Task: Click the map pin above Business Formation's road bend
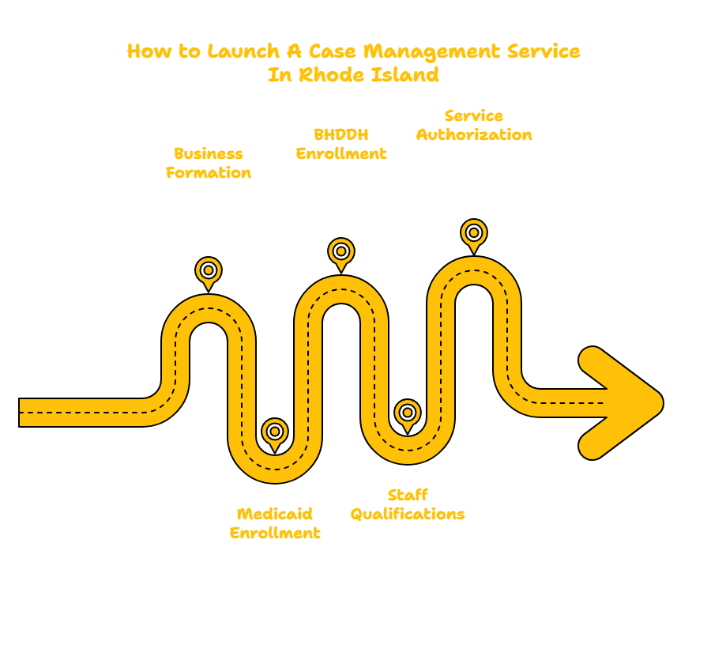[209, 271]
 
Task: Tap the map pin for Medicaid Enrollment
[275, 432]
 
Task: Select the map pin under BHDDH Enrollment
[340, 252]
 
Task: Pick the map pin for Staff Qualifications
[407, 413]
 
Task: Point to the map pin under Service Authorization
[473, 233]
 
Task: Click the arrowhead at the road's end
[624, 403]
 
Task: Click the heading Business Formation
[209, 163]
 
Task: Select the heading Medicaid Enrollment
[275, 522]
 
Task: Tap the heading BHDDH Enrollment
[341, 144]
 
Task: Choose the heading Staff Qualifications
[408, 504]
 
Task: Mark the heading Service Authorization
[474, 125]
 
